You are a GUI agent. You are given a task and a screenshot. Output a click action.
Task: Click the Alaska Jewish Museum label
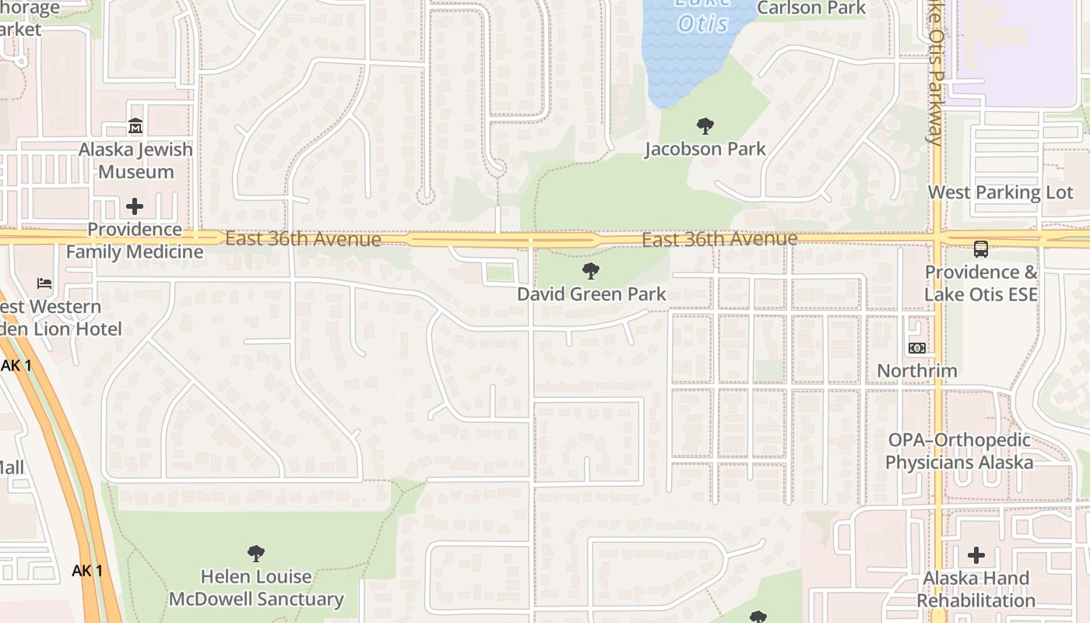tap(135, 160)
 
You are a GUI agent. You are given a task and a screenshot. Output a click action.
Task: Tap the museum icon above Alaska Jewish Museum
tap(135, 125)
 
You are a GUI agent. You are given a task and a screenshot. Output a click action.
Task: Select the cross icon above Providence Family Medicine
tap(135, 206)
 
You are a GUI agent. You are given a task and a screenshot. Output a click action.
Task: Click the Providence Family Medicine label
tap(134, 241)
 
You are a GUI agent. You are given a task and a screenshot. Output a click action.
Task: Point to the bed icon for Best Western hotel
tap(44, 283)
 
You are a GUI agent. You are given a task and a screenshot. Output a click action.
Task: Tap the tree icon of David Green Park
tap(591, 271)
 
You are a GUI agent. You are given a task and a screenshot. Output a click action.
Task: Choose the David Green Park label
tap(592, 294)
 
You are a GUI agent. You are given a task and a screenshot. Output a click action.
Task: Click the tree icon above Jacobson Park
tap(705, 125)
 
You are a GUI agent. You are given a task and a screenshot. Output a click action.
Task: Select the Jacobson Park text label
tap(705, 149)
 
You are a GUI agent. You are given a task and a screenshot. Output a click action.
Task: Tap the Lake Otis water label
tap(702, 17)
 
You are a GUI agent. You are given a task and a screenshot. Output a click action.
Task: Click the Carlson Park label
tap(811, 9)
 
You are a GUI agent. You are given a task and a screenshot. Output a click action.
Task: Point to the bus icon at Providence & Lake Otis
tap(981, 249)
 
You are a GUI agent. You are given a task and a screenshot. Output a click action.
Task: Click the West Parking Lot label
tap(1000, 192)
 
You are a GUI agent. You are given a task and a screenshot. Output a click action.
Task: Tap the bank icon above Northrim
tap(917, 347)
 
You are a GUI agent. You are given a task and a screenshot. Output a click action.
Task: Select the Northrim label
tap(917, 371)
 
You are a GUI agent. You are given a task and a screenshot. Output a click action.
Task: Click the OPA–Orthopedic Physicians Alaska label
tap(959, 451)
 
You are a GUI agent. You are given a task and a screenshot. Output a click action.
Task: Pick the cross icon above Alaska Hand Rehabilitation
tap(976, 555)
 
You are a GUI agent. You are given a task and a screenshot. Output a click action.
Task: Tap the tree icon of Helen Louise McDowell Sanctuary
tap(256, 554)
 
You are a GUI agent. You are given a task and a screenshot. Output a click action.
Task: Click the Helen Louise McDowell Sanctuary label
tap(256, 588)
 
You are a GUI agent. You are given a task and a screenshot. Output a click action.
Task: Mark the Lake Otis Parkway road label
tap(937, 74)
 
